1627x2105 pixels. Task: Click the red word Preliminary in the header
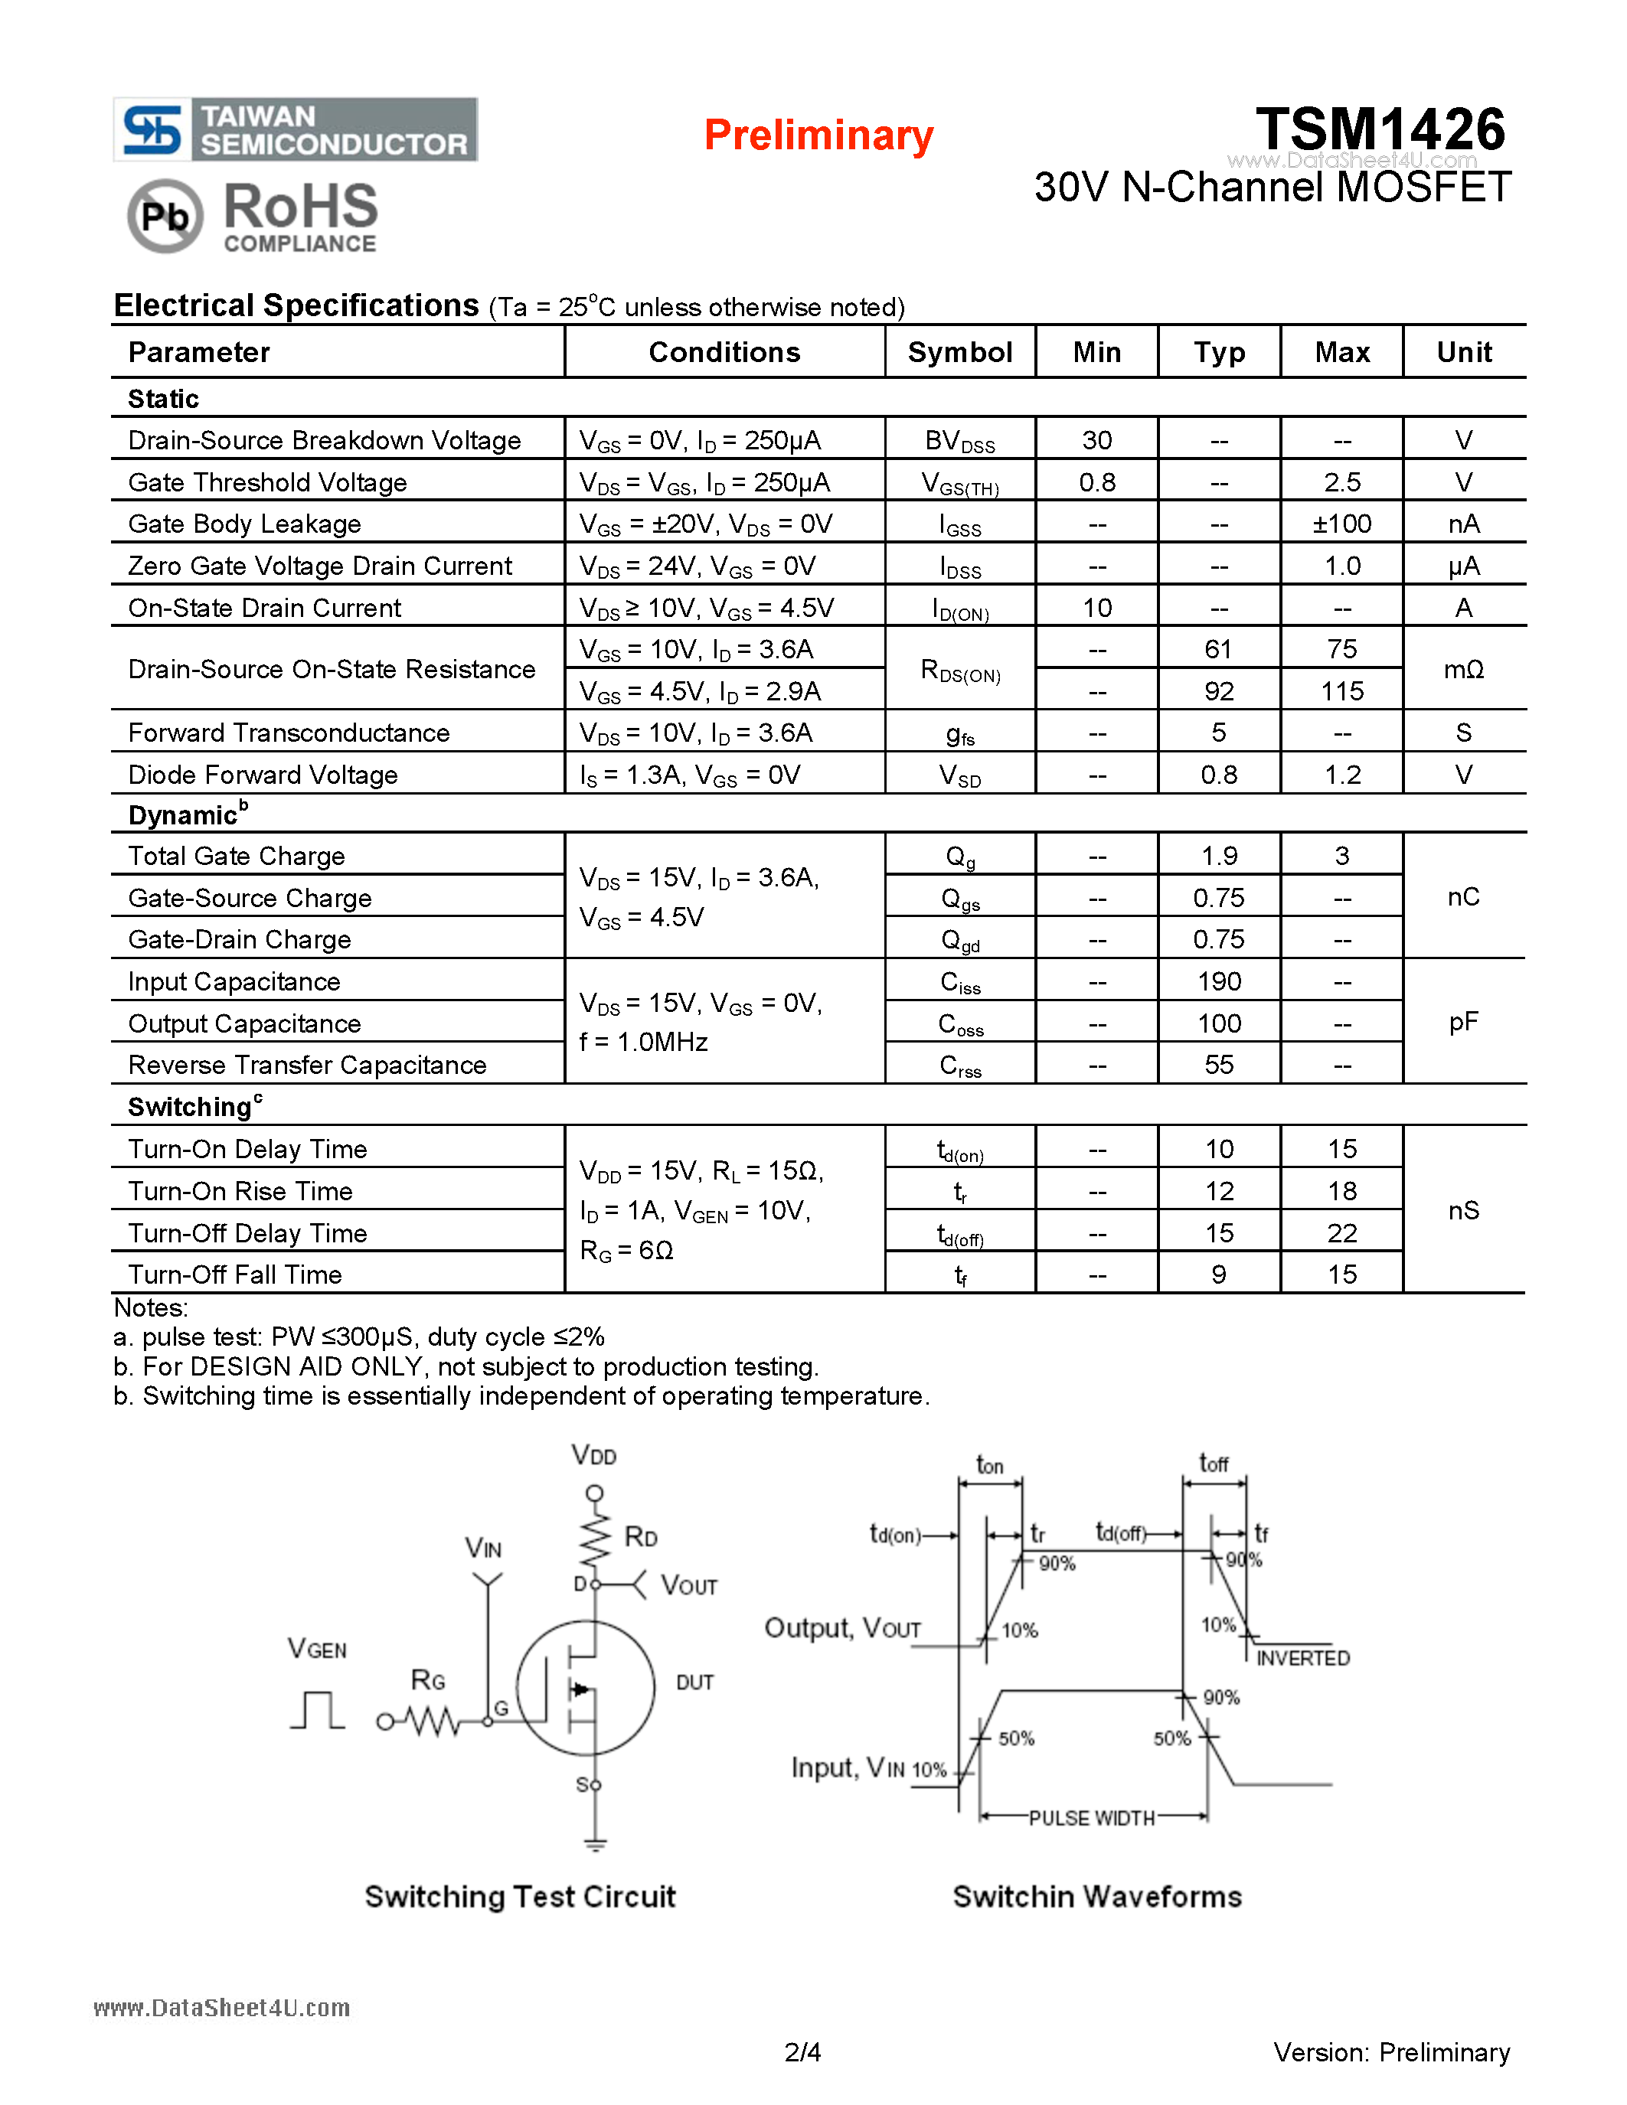point(818,135)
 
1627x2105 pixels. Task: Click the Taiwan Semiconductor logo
point(295,129)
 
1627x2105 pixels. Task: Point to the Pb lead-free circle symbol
point(165,216)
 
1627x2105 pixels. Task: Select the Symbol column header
point(959,352)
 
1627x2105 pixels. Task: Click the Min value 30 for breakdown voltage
point(1097,440)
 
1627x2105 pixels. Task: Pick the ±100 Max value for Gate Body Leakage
point(1341,524)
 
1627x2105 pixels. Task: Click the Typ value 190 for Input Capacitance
point(1218,981)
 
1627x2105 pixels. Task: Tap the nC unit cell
point(1463,897)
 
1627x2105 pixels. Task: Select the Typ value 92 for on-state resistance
point(1218,691)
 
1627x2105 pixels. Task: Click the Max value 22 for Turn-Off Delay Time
point(1341,1232)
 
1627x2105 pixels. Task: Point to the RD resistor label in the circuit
point(641,1536)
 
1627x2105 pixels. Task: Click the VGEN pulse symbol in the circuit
point(317,1710)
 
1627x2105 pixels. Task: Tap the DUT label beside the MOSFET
point(694,1682)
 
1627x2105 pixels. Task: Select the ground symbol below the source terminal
point(595,1845)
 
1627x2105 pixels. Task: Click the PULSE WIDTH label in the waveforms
point(1091,1818)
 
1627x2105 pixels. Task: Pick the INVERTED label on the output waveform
point(1302,1658)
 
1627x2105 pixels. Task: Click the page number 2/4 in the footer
point(802,2052)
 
